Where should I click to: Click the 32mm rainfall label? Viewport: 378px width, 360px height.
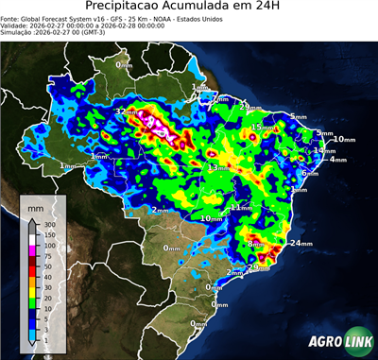[x=125, y=111]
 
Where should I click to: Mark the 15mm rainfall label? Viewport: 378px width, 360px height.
[x=261, y=127]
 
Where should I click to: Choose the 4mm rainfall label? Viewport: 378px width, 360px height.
[x=338, y=159]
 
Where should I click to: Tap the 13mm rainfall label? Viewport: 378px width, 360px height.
[x=218, y=167]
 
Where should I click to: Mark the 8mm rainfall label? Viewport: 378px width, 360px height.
[x=255, y=244]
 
